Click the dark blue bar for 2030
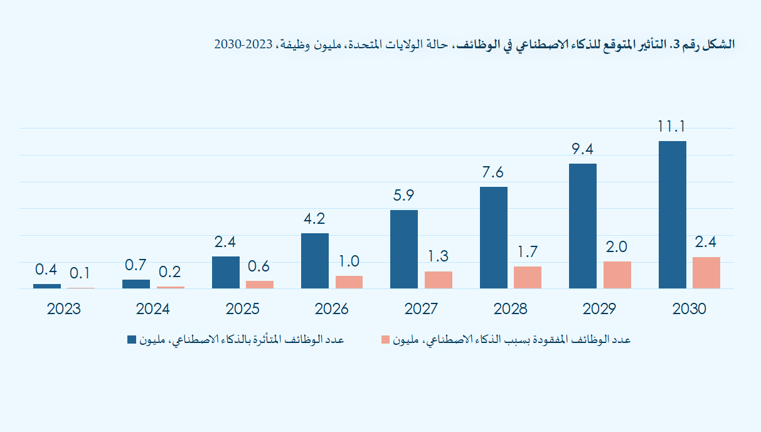(x=672, y=214)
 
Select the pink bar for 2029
(x=617, y=275)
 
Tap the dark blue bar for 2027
(x=404, y=249)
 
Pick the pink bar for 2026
(x=349, y=282)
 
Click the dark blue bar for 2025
(x=226, y=272)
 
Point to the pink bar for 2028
(x=528, y=277)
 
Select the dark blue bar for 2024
(x=136, y=284)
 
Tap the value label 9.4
(x=582, y=149)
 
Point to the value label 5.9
(x=403, y=196)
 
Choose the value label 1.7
(x=528, y=252)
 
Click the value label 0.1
(x=80, y=273)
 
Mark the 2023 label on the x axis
(x=64, y=309)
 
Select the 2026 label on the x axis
(x=332, y=309)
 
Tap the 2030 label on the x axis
(x=689, y=309)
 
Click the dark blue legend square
(x=132, y=340)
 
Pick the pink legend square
(x=386, y=340)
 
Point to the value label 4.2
(x=314, y=219)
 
